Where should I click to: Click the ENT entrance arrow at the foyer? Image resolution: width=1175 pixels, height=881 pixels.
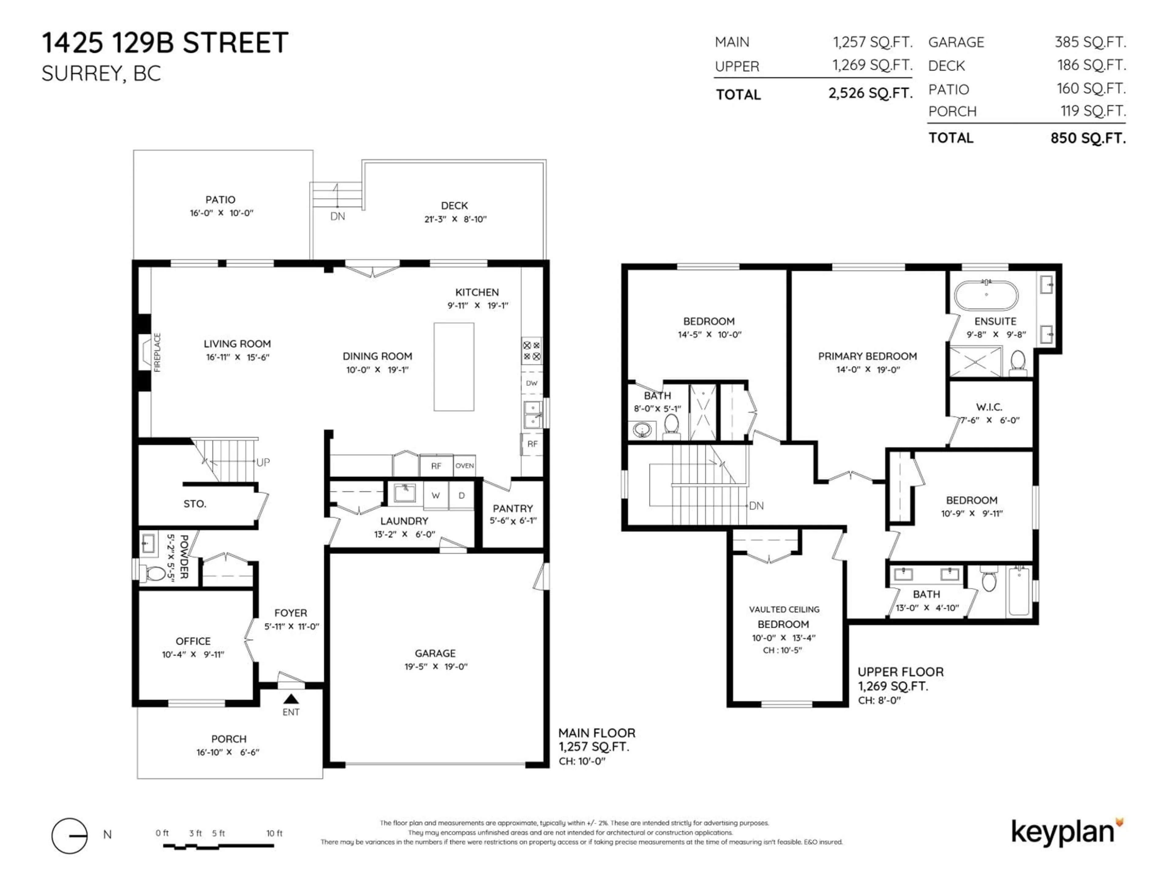click(291, 699)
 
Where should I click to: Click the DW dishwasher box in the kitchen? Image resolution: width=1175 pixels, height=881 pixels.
click(531, 383)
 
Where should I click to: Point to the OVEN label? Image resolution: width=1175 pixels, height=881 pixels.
click(464, 466)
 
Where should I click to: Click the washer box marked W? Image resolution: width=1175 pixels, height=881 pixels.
click(436, 496)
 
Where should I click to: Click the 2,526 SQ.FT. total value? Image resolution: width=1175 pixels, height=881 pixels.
click(870, 94)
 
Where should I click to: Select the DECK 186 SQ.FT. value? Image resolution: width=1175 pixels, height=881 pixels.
click(1091, 65)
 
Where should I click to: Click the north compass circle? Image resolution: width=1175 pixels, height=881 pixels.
click(69, 835)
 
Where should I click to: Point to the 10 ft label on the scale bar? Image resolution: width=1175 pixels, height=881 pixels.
click(274, 833)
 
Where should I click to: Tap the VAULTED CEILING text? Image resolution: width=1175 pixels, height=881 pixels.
click(784, 609)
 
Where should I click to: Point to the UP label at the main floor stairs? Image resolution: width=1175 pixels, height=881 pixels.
click(263, 462)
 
